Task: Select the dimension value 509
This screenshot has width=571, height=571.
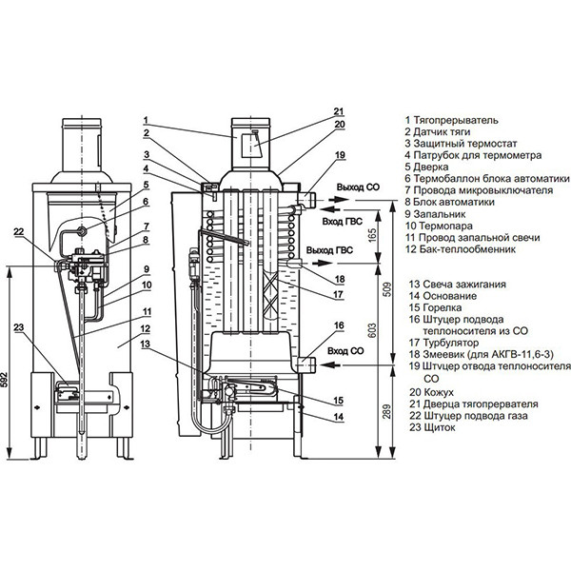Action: pos(387,288)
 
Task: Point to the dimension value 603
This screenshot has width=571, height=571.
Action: pos(372,330)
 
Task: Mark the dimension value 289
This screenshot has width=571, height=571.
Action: pos(387,411)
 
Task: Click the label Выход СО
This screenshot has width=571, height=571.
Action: pos(358,187)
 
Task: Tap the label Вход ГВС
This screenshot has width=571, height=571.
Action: pos(343,221)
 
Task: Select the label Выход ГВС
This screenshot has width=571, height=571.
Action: pos(329,250)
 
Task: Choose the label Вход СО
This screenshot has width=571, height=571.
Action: pos(345,351)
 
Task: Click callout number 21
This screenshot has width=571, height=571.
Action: pos(339,111)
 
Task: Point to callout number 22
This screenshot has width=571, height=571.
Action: pos(19,231)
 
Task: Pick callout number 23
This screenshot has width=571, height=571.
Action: pos(19,327)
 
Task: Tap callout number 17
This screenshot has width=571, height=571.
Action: pos(338,294)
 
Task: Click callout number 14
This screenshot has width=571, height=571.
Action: pos(339,416)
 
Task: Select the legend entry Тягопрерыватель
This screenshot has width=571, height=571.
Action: pos(456,120)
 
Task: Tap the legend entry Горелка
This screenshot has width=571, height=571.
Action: pos(443,307)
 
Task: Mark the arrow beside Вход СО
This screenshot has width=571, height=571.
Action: pos(331,364)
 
